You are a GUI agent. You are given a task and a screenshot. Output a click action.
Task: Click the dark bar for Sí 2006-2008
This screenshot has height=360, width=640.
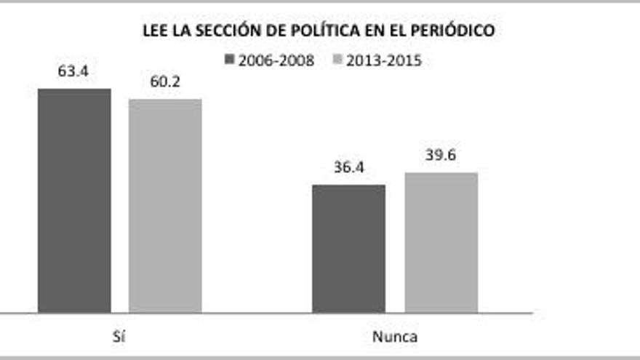point(74,201)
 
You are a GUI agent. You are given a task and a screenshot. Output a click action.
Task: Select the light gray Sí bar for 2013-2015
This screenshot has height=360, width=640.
point(165,206)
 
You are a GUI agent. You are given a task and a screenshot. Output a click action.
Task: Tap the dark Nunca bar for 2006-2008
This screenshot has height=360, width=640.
point(349,249)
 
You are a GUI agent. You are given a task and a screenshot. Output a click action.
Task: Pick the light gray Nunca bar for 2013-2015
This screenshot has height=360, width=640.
point(441,243)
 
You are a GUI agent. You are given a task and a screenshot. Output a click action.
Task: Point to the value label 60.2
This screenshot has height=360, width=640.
point(165,82)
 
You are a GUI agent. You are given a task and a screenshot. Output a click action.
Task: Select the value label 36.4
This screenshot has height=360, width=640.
point(349,168)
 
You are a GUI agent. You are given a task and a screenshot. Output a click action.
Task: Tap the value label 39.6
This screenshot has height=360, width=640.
point(441,156)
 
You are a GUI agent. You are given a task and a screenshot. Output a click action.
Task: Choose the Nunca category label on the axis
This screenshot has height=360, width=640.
point(395,337)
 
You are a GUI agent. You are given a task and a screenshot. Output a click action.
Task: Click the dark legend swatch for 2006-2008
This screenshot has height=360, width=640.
point(231,60)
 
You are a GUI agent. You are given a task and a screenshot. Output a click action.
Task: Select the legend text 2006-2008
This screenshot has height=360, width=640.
point(279,60)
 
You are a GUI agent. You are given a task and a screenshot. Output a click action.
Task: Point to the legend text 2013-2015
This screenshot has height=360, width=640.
point(383,60)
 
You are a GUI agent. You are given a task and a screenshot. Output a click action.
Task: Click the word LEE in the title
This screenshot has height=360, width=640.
point(156,31)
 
